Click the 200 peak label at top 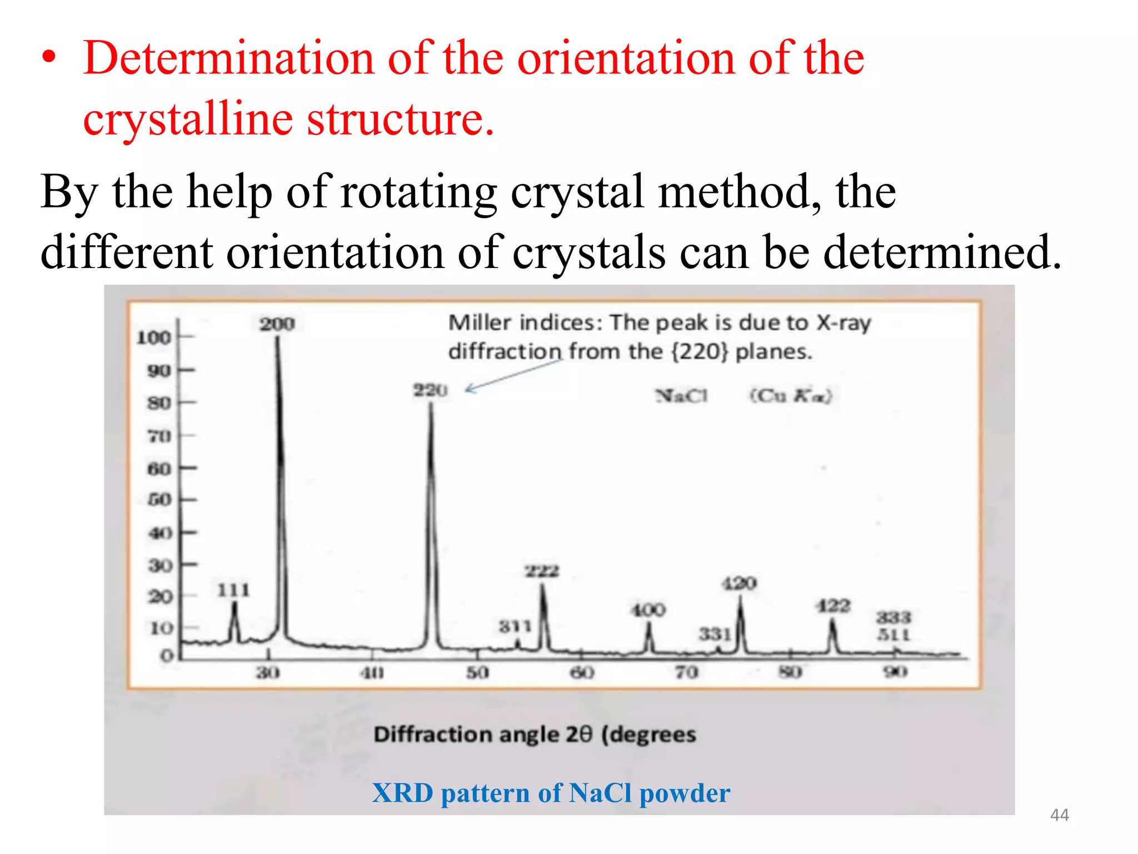[277, 324]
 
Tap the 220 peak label [430, 390]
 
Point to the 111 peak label [233, 589]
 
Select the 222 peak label [542, 571]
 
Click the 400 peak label [648, 610]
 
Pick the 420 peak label [739, 583]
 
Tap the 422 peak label [832, 605]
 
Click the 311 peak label [515, 627]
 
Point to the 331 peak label [715, 634]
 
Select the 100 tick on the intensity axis [154, 337]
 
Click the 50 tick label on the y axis [159, 499]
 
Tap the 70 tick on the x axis [686, 672]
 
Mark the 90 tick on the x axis [895, 672]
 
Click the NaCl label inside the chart [681, 396]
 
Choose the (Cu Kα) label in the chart [791, 396]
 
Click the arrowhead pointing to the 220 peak [468, 389]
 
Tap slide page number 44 [1059, 815]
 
